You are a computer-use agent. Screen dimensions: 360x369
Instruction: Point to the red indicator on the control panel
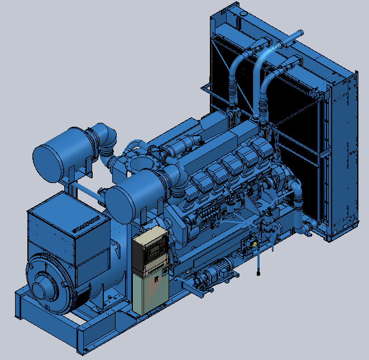pos(162,244)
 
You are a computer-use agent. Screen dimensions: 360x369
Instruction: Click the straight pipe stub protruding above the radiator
pos(290,39)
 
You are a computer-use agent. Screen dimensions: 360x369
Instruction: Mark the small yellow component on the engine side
pos(254,244)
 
